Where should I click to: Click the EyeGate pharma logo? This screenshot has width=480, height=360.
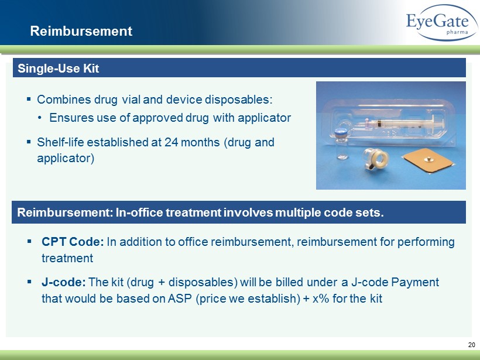(442, 23)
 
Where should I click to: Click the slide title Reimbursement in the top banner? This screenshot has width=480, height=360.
(81, 31)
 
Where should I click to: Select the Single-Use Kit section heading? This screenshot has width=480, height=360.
(58, 68)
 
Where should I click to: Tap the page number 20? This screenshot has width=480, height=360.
(471, 345)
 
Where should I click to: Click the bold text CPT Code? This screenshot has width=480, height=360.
(73, 242)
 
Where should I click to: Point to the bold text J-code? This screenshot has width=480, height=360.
(64, 282)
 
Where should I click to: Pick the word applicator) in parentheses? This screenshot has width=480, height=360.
(66, 158)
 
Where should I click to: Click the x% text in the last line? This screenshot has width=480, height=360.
(321, 298)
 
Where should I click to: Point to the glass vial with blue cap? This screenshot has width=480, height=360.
(341, 143)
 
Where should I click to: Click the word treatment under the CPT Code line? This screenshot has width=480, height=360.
(67, 258)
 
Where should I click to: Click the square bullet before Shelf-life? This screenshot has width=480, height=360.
(29, 142)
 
